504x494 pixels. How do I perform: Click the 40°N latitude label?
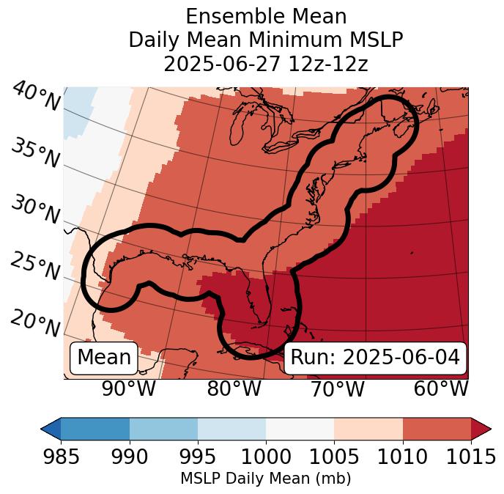tap(36, 96)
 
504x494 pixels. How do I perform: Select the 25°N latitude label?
tap(35, 266)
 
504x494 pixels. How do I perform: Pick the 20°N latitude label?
tap(35, 322)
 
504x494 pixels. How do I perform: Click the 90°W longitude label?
tap(129, 389)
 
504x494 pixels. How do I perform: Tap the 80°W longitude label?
tap(234, 389)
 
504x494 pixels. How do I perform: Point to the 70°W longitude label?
tap(337, 389)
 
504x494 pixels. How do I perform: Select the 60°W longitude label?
tap(441, 389)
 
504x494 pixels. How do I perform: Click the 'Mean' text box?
tap(104, 358)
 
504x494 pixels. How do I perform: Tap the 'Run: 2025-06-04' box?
tap(375, 358)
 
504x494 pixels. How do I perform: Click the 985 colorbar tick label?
tap(61, 457)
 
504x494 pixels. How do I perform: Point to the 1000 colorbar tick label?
tap(266, 457)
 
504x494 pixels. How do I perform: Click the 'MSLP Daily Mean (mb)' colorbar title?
tap(266, 479)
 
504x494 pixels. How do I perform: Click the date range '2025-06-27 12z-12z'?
tap(266, 64)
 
